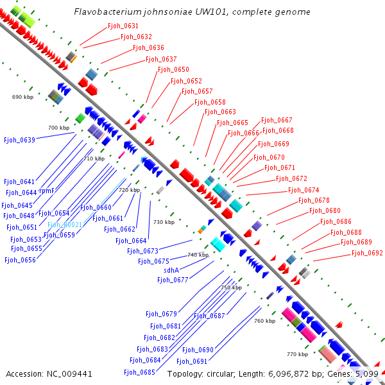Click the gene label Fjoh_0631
tap(122, 26)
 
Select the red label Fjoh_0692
tap(367, 253)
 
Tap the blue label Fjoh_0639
tap(19, 139)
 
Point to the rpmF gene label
tap(46, 191)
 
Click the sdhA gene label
tap(171, 270)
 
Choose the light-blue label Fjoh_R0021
tap(64, 225)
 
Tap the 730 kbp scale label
tap(164, 222)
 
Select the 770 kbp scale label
tap(298, 354)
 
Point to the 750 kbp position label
tap(231, 287)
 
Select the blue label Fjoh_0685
tap(140, 372)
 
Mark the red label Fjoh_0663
tap(220, 112)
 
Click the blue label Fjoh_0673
tap(142, 251)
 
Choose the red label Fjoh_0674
tap(304, 191)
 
